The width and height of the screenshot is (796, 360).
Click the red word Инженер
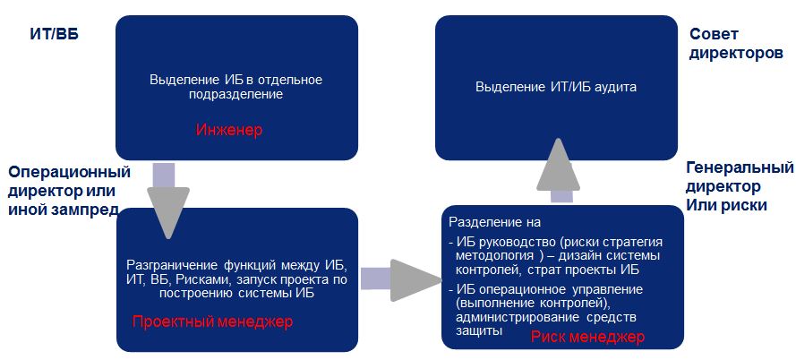[x=229, y=130]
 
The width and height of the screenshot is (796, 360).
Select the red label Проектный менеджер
[x=213, y=321]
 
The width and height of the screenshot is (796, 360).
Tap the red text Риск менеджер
[x=588, y=336]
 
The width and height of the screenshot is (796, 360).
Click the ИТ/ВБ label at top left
[x=55, y=35]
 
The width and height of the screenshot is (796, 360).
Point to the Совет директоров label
[x=736, y=44]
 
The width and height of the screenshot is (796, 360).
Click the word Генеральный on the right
[x=740, y=167]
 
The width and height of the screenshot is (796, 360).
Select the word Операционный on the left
[x=70, y=172]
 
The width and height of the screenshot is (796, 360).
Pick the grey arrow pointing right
[x=400, y=278]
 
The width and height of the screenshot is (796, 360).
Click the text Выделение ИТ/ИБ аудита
[x=556, y=87]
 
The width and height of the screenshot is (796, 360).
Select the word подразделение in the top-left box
[x=236, y=94]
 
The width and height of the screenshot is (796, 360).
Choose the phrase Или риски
[x=726, y=204]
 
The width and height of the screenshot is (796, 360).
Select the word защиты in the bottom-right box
[x=480, y=330]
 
